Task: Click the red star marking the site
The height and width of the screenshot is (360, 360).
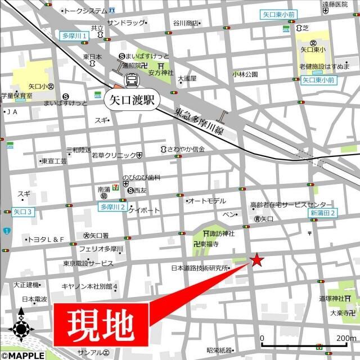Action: pos(256,260)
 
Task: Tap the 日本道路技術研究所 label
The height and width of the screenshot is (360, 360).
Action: pos(201,268)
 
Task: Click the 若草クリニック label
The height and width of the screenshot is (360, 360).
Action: pos(114,155)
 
